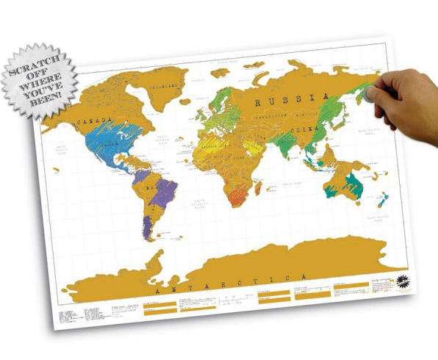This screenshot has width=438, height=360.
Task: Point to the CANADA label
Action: [95, 119]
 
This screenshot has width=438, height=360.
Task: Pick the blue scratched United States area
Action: [110, 143]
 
